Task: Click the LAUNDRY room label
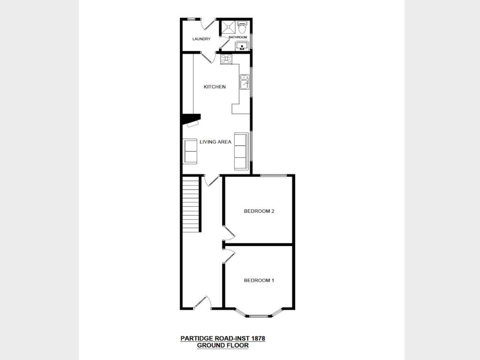[201, 39]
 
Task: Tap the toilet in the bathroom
[242, 27]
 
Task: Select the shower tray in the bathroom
[228, 27]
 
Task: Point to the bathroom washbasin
[242, 46]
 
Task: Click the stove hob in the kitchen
[226, 59]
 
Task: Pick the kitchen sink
[244, 82]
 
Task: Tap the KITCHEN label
[214, 87]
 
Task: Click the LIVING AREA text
[215, 142]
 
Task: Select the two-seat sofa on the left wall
[190, 151]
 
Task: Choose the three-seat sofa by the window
[241, 151]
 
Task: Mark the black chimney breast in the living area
[190, 119]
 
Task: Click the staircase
[191, 204]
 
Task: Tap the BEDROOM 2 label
[259, 211]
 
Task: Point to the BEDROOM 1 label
[259, 280]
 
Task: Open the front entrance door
[202, 303]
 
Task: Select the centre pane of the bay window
[259, 316]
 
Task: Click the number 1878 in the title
[258, 338]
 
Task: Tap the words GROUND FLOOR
[223, 345]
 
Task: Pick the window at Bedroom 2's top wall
[273, 175]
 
